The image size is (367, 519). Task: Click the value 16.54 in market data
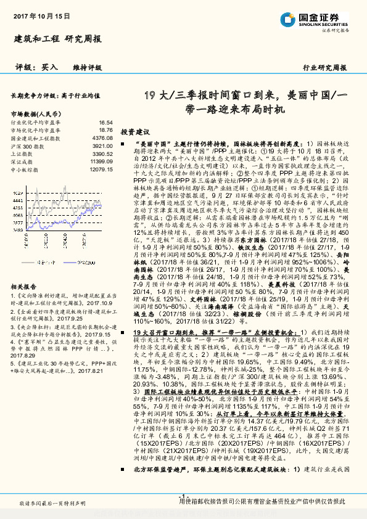click(x=105, y=123)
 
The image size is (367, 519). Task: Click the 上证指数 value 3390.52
click(x=102, y=153)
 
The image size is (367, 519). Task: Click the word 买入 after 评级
click(x=50, y=67)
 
